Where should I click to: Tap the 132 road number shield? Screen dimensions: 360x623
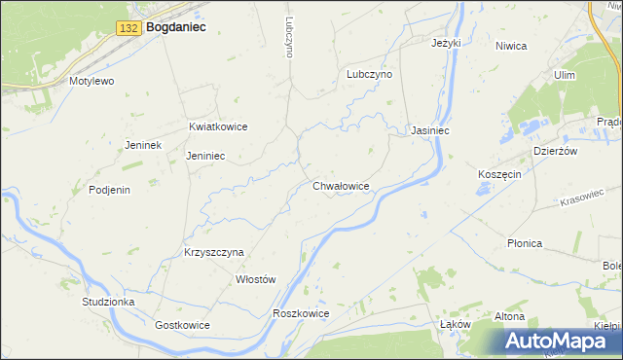click(x=128, y=29)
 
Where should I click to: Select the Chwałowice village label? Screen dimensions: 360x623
click(x=341, y=185)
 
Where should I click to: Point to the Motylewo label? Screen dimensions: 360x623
click(x=92, y=81)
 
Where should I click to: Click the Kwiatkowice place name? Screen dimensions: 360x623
click(x=218, y=126)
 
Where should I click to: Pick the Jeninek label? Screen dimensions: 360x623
click(x=142, y=145)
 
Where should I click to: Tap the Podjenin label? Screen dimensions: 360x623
click(x=109, y=190)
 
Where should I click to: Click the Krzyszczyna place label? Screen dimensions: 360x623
click(x=213, y=251)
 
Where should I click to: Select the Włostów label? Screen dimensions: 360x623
click(x=257, y=279)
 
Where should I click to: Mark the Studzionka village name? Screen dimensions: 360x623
click(x=108, y=302)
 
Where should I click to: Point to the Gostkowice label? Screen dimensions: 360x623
click(x=182, y=324)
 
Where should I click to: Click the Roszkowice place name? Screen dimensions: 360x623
click(x=302, y=313)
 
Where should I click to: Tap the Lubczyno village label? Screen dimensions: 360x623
click(x=369, y=74)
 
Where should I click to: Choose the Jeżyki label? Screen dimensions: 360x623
click(x=446, y=43)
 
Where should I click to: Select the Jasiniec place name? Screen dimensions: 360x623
click(x=429, y=129)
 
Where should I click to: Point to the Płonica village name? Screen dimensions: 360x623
click(x=524, y=243)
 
